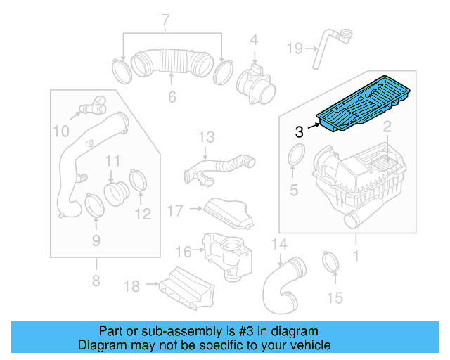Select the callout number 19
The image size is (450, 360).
(294, 48)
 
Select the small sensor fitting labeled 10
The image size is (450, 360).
(90, 108)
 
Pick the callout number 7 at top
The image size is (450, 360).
(166, 19)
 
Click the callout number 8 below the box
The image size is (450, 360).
(96, 283)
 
